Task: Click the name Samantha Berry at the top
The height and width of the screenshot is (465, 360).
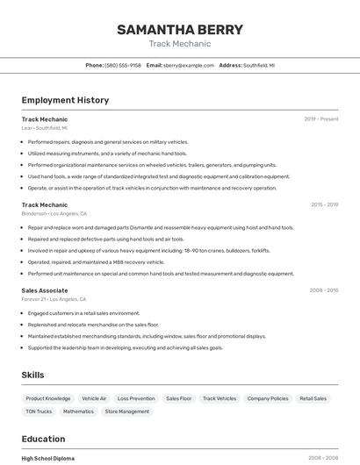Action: [179, 30]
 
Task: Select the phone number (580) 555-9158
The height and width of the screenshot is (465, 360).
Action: [123, 65]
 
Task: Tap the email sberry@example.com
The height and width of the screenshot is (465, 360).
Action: [188, 65]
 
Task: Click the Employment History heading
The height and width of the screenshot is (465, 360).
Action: [65, 100]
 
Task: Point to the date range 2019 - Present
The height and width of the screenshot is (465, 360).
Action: [320, 119]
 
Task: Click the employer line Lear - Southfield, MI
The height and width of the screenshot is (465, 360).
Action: [45, 128]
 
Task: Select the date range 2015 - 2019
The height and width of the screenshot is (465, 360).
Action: [324, 204]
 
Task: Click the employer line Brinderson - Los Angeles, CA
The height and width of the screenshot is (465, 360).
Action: [54, 213]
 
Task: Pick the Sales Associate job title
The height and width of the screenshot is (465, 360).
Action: [45, 290]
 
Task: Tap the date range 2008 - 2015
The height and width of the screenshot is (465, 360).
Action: [323, 290]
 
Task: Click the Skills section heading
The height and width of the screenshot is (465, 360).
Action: [32, 375]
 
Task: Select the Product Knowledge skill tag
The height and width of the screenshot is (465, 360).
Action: [47, 398]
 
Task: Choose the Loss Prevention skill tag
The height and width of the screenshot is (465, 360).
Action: [136, 398]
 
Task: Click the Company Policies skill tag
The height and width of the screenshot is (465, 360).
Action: [268, 398]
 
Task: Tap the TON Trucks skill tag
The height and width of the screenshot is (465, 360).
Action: [39, 411]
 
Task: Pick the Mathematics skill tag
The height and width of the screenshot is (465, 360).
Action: [78, 411]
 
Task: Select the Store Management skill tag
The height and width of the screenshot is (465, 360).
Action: [127, 411]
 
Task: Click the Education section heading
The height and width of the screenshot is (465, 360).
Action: [43, 439]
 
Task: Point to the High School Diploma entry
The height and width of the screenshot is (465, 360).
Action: [48, 458]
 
